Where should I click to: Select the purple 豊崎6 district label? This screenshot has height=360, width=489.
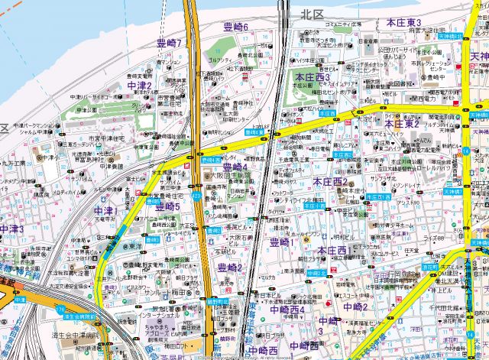(236, 28)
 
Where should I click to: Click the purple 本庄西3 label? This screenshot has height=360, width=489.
(311, 77)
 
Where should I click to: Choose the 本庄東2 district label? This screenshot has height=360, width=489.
(403, 123)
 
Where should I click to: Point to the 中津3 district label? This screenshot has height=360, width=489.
(11, 229)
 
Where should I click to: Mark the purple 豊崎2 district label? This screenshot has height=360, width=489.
(229, 267)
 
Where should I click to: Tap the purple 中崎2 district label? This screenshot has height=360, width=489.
(355, 307)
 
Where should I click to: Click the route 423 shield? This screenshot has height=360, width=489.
(197, 196)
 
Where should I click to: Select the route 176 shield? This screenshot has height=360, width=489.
(60, 308)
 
